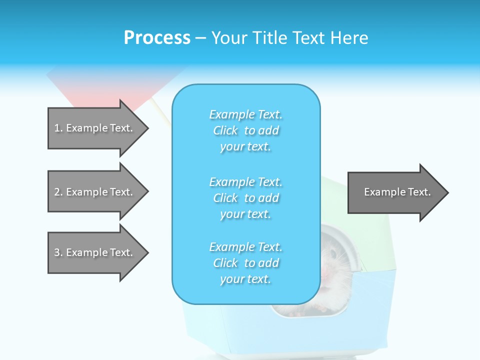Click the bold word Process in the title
157,38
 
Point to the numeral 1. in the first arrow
58,128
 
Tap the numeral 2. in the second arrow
58,192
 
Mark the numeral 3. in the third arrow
58,252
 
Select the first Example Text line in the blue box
245,114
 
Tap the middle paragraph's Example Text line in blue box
245,181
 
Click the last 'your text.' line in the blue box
245,279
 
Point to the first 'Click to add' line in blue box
245,130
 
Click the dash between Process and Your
200,38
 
